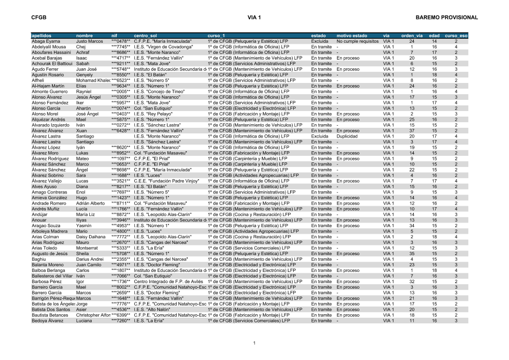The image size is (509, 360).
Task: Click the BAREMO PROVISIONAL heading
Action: pos(446,17)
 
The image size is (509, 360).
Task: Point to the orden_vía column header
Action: pos(412,36)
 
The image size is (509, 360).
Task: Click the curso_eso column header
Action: pos(456,36)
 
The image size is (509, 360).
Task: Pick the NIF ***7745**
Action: pos(121,47)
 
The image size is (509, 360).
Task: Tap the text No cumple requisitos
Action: pos(358,41)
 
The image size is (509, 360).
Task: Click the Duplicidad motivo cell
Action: pos(348,136)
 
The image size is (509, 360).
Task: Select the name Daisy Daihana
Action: pos(91,236)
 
